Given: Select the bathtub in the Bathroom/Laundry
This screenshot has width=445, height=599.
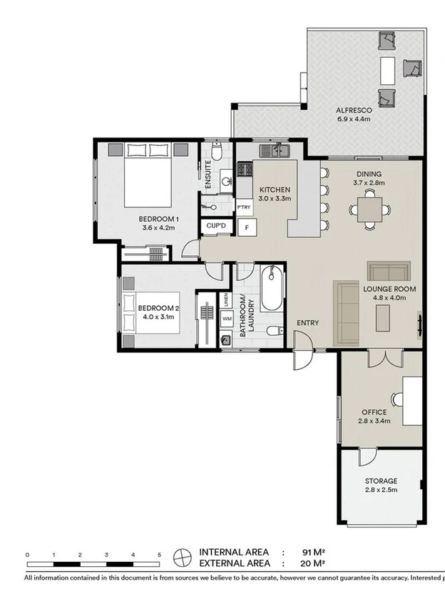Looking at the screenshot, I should click(271, 288).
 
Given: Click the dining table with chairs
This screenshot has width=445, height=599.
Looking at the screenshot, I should click(370, 210).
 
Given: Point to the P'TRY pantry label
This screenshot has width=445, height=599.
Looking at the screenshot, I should click(244, 207).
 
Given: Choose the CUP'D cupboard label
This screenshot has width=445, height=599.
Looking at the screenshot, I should click(215, 225).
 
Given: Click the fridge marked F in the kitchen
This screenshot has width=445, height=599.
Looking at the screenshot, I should click(247, 228).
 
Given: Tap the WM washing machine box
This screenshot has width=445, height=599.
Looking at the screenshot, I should click(227, 318).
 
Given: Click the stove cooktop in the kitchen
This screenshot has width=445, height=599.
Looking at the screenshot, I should click(245, 170).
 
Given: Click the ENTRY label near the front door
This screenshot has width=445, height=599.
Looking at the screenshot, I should click(308, 323).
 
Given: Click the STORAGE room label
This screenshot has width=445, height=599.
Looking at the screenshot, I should click(380, 481).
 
